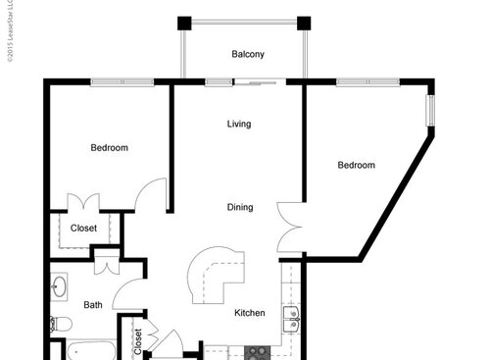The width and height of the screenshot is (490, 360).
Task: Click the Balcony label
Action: pyautogui.click(x=248, y=54)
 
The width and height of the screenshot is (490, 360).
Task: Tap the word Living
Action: pyautogui.click(x=239, y=125)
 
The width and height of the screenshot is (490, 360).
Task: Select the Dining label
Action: pyautogui.click(x=240, y=207)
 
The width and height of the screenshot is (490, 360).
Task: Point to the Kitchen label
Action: pyautogui.click(x=250, y=313)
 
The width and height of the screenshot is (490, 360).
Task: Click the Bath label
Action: pyautogui.click(x=92, y=305)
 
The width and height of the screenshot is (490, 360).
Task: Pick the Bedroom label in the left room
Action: pyautogui.click(x=109, y=148)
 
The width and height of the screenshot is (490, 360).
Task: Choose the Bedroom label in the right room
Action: pyautogui.click(x=357, y=165)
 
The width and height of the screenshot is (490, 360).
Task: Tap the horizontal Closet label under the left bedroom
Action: pyautogui.click(x=83, y=229)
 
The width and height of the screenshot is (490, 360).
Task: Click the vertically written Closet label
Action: pyautogui.click(x=137, y=339)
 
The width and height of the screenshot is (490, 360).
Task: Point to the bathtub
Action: pyautogui.click(x=88, y=350)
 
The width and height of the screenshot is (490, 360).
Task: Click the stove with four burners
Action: pyautogui.click(x=259, y=351)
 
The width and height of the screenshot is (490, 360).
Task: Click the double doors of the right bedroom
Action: pyautogui.click(x=291, y=226)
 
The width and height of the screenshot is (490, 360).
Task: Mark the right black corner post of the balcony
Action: pyautogui.click(x=303, y=24)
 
